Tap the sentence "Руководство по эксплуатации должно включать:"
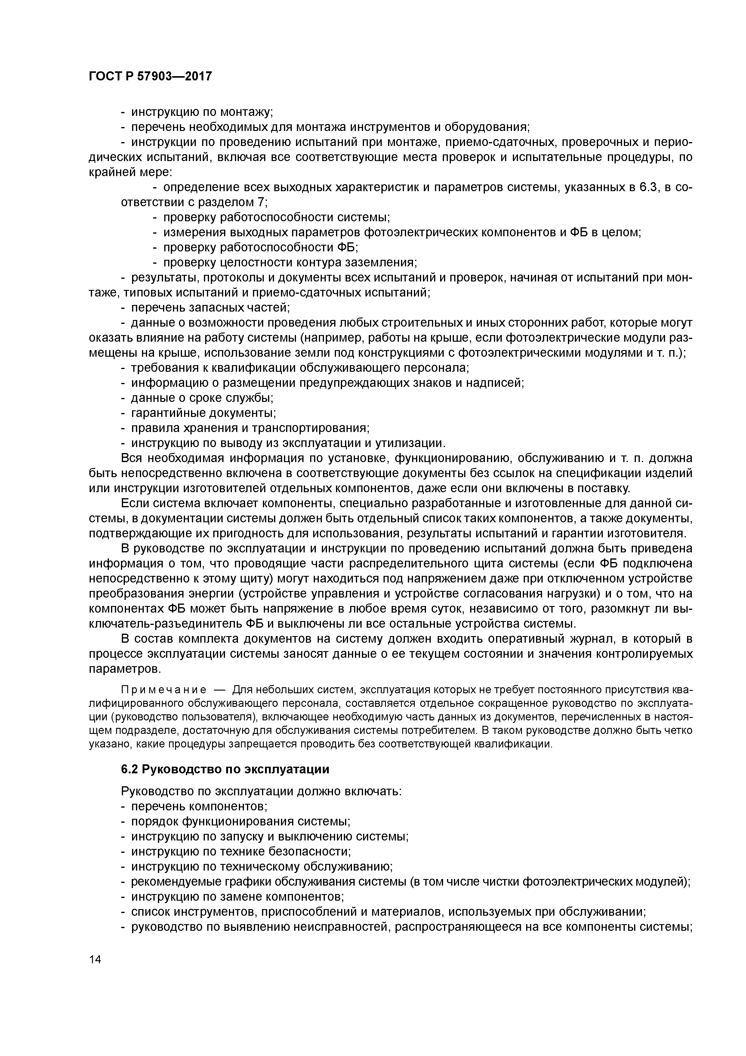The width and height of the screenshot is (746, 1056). point(261,791)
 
